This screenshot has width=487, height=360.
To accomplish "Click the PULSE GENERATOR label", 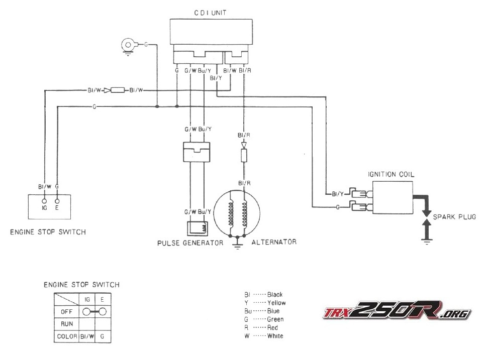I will [x=190, y=243].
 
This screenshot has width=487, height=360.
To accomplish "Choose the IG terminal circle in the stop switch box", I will [x=44, y=200].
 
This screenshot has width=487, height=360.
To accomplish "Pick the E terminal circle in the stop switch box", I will [x=58, y=200].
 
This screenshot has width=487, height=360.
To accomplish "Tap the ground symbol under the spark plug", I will [x=426, y=242].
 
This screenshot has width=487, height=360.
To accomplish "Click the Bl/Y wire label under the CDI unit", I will [x=216, y=78].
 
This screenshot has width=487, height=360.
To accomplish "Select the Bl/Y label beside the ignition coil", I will [x=337, y=193].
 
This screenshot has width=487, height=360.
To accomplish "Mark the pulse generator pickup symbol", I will [x=197, y=228].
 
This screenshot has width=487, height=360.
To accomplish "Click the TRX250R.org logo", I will [x=397, y=312].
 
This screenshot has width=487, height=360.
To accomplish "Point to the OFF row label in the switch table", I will [x=66, y=311].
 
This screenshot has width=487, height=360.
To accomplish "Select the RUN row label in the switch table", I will [x=66, y=323].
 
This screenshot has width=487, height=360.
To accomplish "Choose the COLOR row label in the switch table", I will [x=66, y=336].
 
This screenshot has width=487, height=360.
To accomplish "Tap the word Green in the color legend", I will [x=275, y=319].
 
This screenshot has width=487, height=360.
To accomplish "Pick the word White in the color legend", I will [x=275, y=336].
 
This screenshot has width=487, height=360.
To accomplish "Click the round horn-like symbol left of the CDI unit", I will [x=128, y=45].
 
